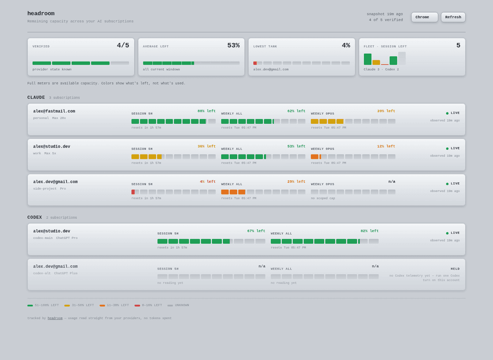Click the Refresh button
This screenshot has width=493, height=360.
pos(453,17)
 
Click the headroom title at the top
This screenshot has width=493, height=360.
pos(41,14)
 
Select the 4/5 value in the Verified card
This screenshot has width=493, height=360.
pos(123,45)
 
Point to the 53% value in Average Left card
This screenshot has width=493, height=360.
pos(234,45)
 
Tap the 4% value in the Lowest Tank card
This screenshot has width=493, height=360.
pos(346,45)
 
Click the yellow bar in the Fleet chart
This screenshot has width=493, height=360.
pos(376,62)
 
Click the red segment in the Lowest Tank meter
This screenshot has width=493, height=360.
pos(255,63)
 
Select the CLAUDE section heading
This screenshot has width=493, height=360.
pos(36,98)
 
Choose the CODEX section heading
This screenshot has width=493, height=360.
pos(35,217)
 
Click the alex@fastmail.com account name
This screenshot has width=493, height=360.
pos(54,111)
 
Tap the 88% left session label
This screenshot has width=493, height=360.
pos(207,111)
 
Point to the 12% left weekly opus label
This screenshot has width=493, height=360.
pos(386,146)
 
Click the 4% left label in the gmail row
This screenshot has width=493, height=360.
pos(208,181)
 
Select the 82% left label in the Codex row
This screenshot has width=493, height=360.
pos(369,231)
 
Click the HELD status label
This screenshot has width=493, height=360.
pos(455,269)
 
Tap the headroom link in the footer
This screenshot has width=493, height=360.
pos(55,318)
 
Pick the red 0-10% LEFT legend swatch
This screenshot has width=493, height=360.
pos(137,305)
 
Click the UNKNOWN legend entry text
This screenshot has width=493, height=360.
pos(182,305)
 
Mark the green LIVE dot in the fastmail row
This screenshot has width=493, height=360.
pos(447,113)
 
